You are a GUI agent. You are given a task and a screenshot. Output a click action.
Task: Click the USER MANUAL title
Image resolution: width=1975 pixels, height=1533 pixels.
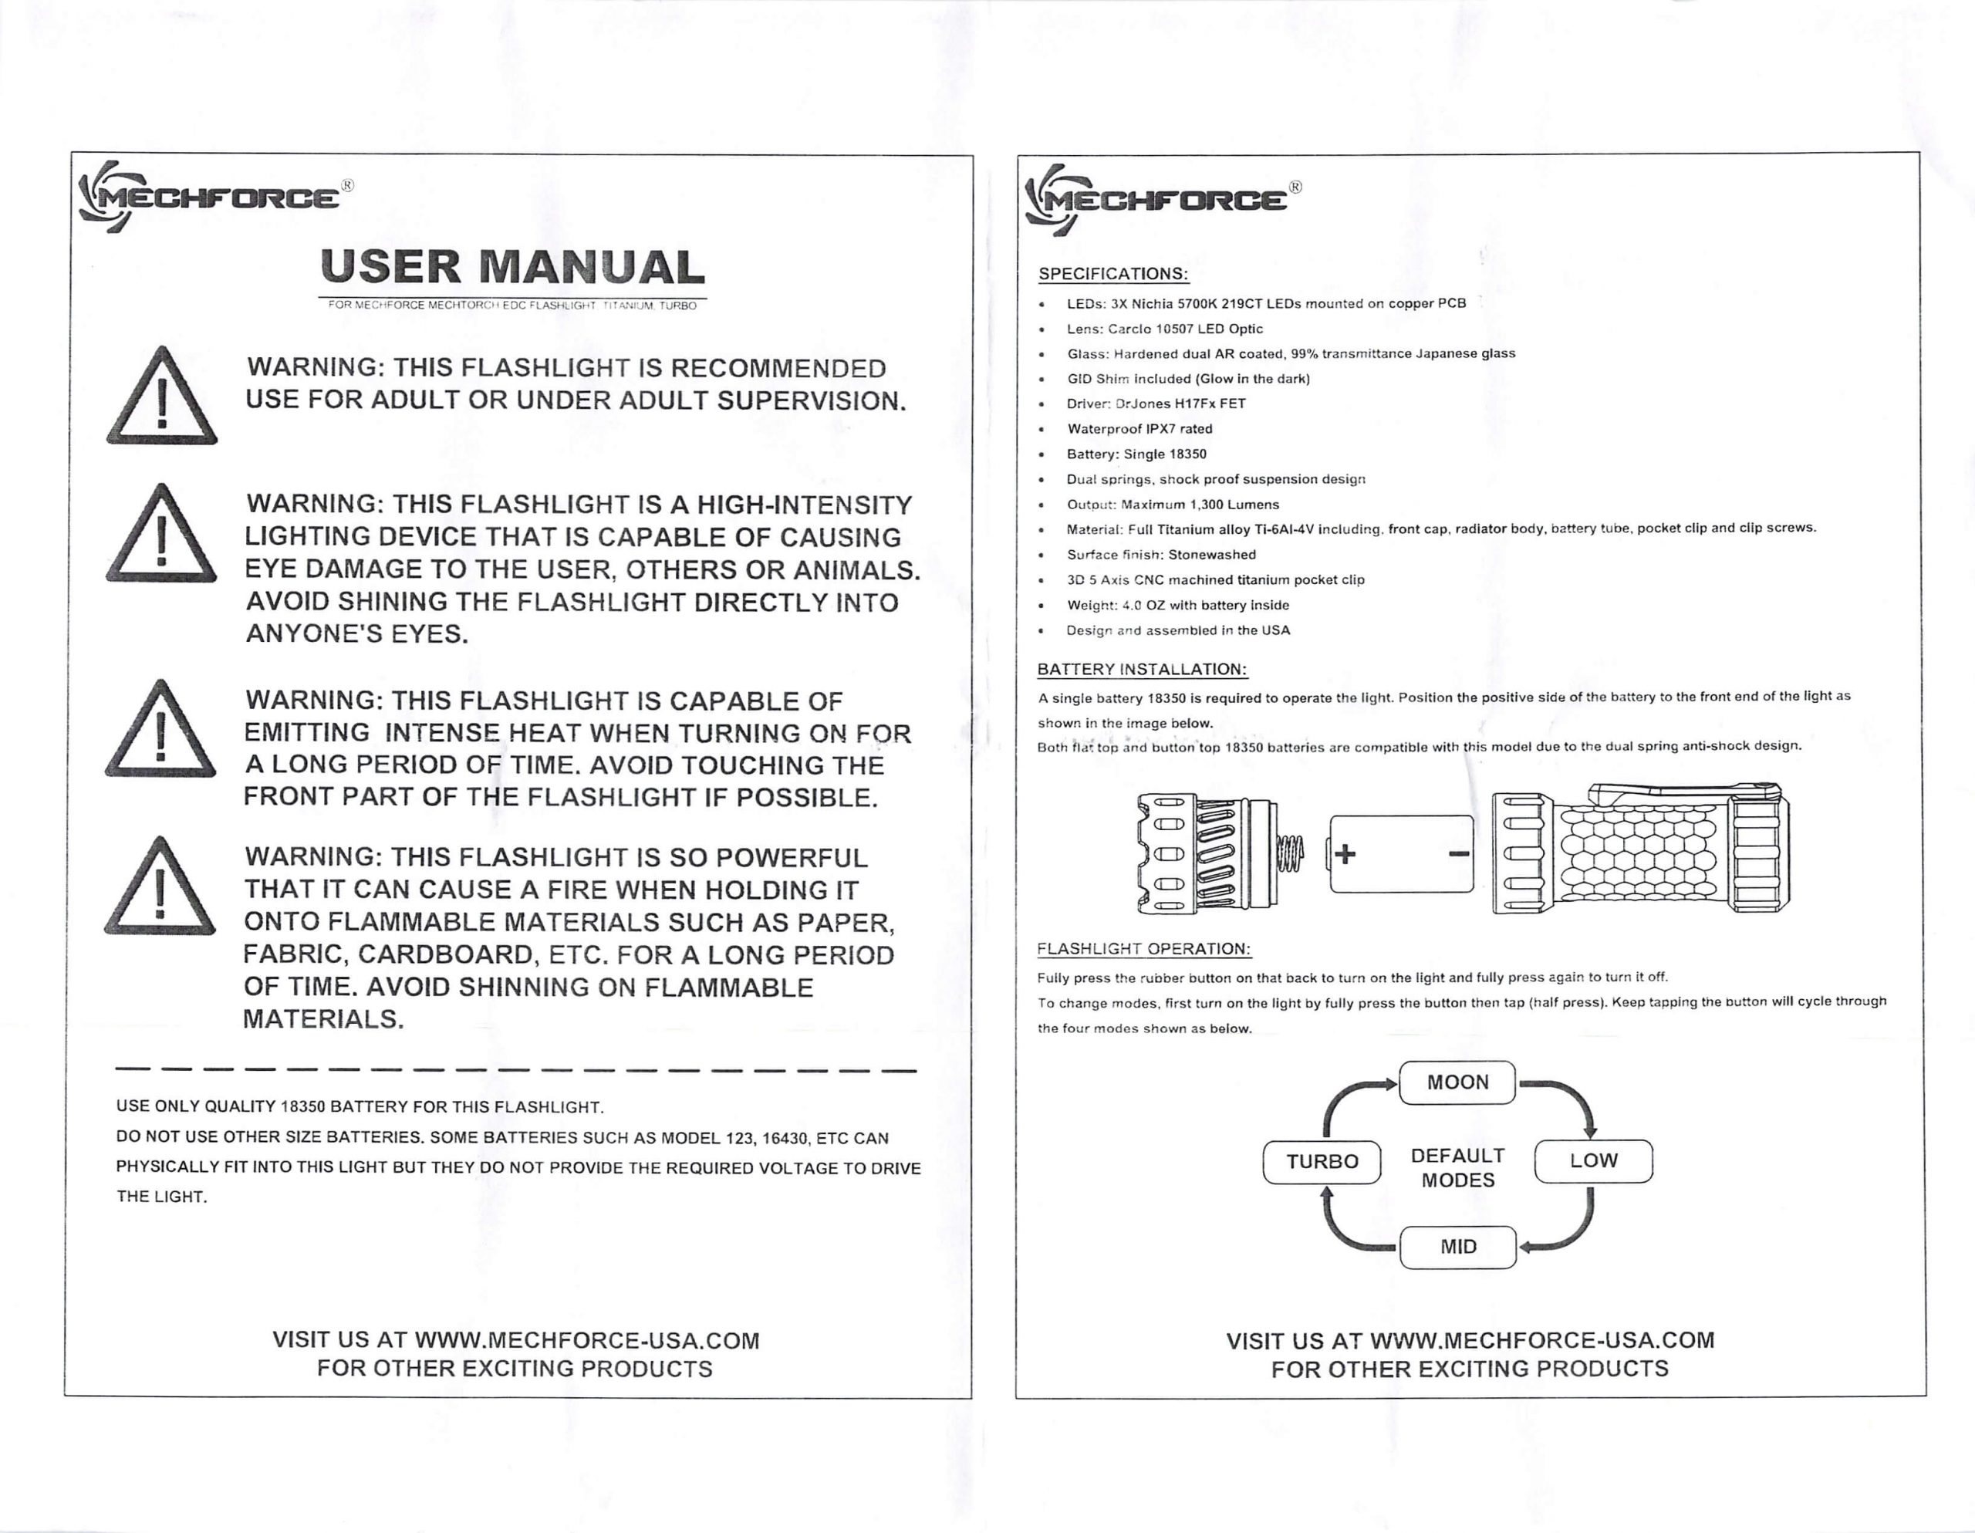click(511, 268)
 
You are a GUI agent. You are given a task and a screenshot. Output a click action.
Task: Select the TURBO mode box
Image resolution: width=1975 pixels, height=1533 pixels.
click(1322, 1161)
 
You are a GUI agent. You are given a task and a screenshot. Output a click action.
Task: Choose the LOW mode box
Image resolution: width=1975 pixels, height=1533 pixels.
click(1593, 1160)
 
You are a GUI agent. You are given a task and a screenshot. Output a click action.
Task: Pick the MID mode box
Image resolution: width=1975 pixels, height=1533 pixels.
click(1458, 1248)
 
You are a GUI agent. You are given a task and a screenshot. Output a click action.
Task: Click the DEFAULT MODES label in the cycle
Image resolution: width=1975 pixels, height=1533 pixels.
click(1458, 1167)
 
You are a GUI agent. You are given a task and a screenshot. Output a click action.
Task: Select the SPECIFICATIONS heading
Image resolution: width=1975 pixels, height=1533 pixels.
click(1113, 274)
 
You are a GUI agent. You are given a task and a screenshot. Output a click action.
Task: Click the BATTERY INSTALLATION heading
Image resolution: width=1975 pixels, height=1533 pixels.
click(1142, 669)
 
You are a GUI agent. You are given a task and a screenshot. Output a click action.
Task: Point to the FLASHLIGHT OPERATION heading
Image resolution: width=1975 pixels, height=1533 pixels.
click(1144, 949)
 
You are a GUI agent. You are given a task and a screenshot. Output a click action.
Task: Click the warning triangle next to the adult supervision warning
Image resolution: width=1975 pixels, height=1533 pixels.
click(162, 400)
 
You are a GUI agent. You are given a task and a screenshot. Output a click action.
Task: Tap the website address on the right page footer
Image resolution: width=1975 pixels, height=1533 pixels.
click(1542, 1340)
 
